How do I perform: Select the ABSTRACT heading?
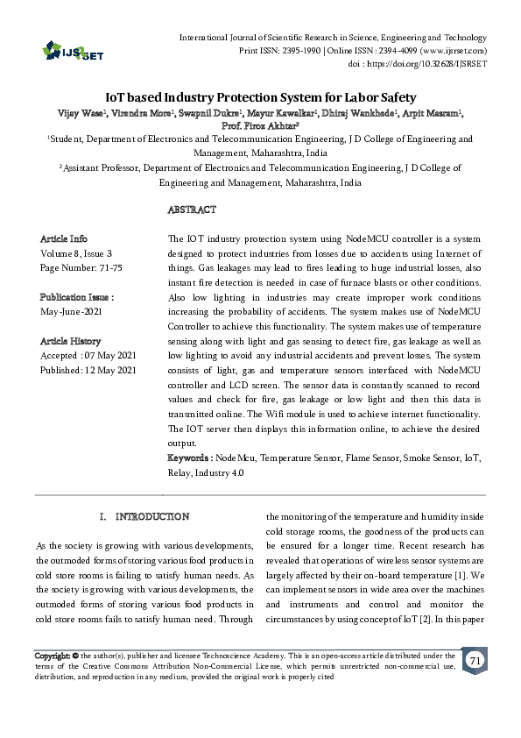tap(191, 210)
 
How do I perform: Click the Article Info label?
tap(64, 238)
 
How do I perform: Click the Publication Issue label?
tap(77, 297)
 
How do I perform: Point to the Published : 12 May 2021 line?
tap(88, 371)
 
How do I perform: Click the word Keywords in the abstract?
tap(188, 458)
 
